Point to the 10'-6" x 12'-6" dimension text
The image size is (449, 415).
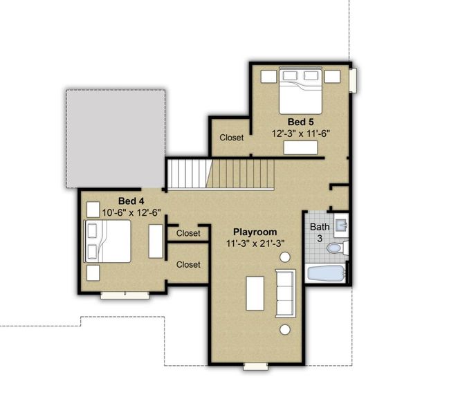pyautogui.click(x=131, y=212)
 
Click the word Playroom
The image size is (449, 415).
pyautogui.click(x=255, y=232)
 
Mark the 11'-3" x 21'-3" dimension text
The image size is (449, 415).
pyautogui.click(x=255, y=243)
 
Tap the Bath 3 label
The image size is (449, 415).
pyautogui.click(x=320, y=232)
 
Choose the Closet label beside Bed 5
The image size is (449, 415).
pyautogui.click(x=232, y=138)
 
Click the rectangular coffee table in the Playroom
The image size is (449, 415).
pyautogui.click(x=255, y=293)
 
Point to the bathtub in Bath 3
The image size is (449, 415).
pyautogui.click(x=324, y=273)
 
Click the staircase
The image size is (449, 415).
pyautogui.click(x=221, y=173)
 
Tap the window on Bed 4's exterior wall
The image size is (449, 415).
pyautogui.click(x=125, y=295)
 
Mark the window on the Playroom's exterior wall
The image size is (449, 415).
pyautogui.click(x=255, y=366)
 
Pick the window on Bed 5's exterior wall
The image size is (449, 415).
pyautogui.click(x=354, y=80)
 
